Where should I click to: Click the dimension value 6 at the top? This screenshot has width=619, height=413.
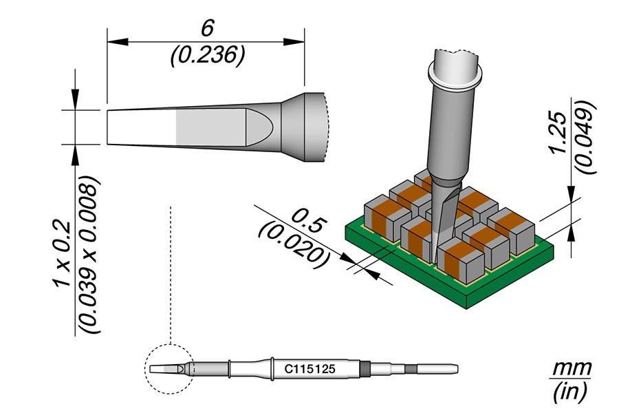(x=206, y=28)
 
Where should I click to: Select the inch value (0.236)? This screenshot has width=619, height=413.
(x=207, y=56)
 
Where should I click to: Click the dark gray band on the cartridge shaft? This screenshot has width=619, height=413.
(x=365, y=369)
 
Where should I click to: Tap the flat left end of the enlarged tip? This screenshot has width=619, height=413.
(x=109, y=127)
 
